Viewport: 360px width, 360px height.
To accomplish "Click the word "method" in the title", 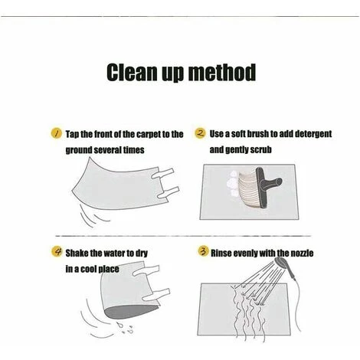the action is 222,72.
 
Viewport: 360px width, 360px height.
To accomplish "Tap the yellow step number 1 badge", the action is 56,133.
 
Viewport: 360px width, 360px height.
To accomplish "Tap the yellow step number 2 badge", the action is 201,133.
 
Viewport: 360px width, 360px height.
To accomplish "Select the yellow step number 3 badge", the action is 203,251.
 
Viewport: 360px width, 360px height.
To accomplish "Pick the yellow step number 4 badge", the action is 57,252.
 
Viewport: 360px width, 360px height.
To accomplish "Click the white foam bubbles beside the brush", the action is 233,184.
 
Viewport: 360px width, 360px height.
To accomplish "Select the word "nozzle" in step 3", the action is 302,253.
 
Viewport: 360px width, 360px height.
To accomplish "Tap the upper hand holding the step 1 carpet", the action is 163,173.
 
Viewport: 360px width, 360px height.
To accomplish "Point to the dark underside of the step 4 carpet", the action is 130,312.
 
